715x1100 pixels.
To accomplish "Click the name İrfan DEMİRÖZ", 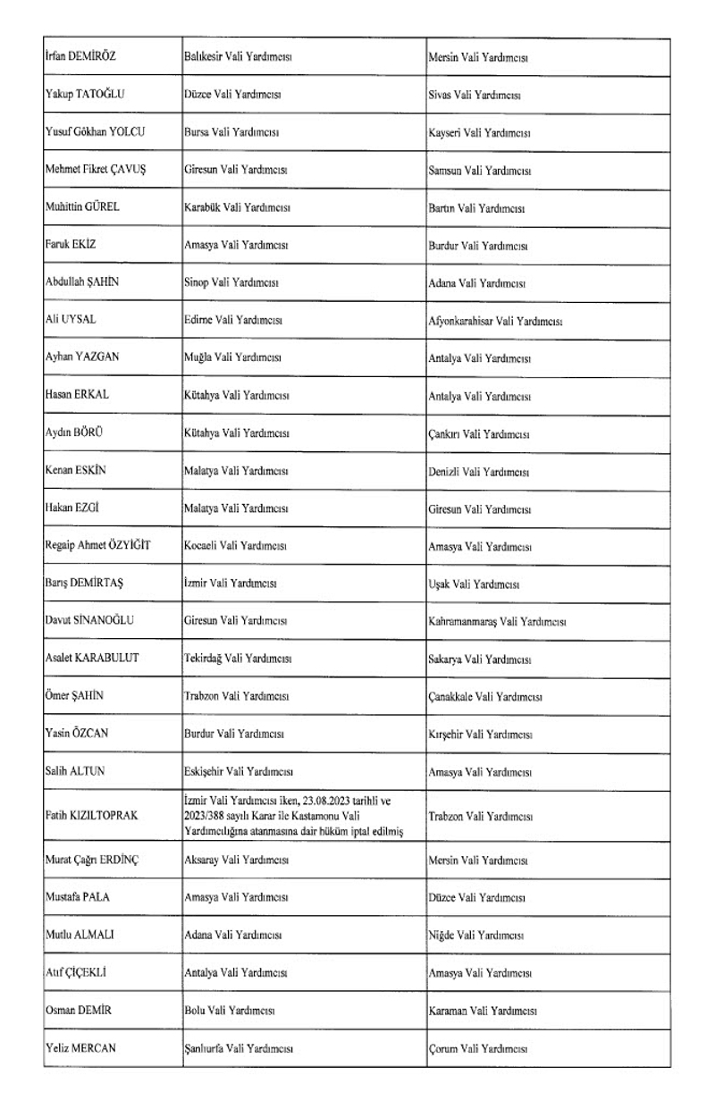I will click(x=80, y=56).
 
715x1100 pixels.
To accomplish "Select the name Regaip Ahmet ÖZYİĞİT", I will click(x=97, y=545).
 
